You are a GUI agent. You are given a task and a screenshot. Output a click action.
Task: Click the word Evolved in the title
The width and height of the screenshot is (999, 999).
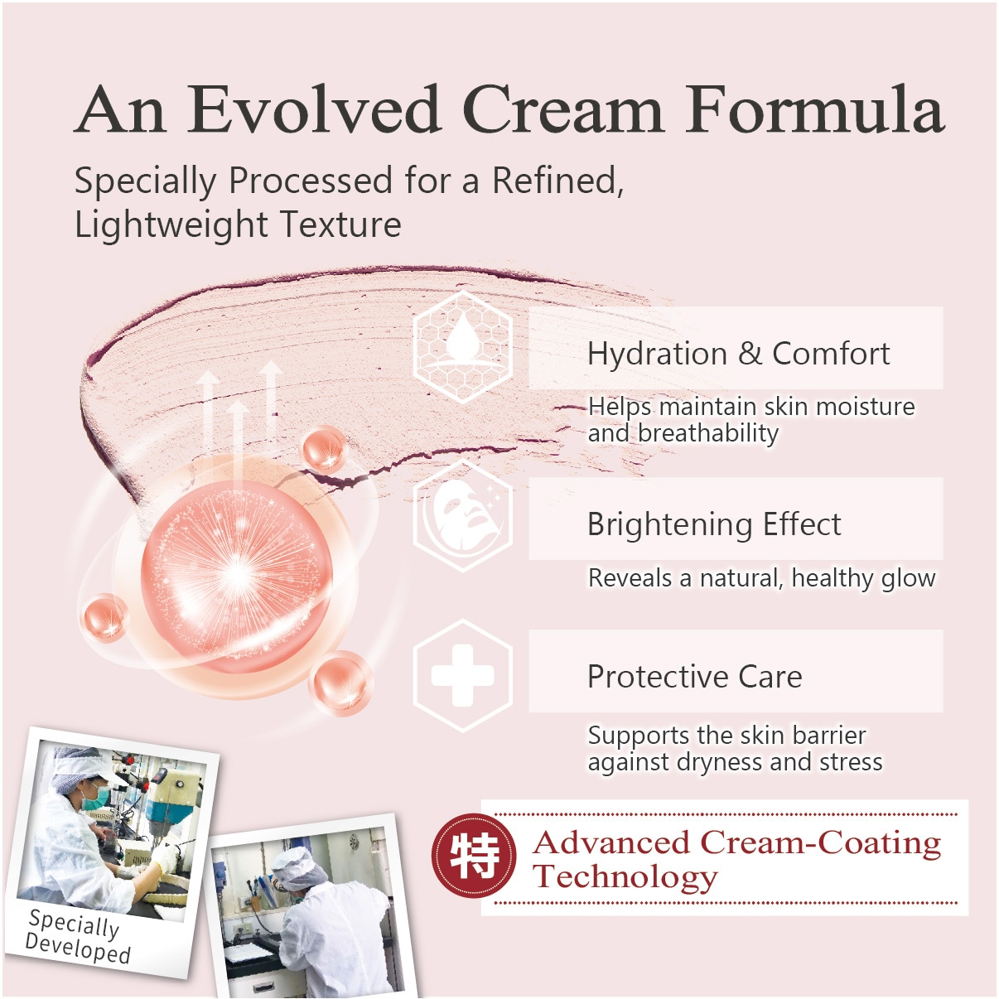(313, 110)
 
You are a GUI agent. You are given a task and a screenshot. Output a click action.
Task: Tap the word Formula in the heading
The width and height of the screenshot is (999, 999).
(814, 110)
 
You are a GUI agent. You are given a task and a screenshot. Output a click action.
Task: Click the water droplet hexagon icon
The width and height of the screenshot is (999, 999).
(463, 346)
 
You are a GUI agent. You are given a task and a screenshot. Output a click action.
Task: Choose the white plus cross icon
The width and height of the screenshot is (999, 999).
(463, 675)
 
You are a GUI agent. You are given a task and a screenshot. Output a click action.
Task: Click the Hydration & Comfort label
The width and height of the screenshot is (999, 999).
(739, 354)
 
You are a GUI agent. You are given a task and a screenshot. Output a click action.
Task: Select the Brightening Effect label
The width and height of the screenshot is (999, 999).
(714, 524)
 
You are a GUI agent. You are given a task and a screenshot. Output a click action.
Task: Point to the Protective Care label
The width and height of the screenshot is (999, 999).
(695, 677)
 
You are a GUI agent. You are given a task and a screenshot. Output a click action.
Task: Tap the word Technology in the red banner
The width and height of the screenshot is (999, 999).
(625, 877)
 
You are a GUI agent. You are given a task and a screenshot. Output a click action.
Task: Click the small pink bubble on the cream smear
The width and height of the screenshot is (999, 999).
(325, 449)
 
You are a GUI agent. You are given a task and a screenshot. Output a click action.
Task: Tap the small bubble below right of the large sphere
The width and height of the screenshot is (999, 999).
(341, 683)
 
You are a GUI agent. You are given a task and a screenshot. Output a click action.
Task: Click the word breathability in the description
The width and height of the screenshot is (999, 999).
(707, 433)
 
